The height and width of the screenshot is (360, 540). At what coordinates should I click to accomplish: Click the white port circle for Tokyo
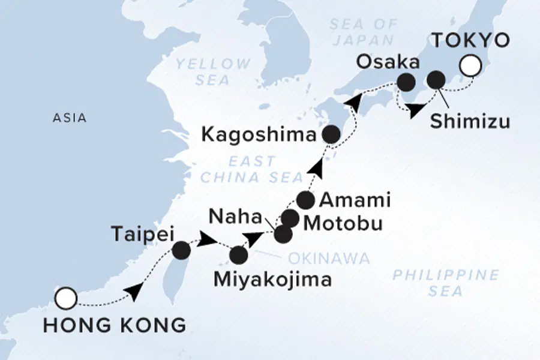(x=470, y=66)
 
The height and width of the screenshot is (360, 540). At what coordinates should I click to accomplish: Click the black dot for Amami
(x=305, y=199)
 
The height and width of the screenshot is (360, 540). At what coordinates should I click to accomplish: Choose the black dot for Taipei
(x=181, y=249)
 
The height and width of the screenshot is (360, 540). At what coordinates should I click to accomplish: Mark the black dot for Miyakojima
(x=238, y=256)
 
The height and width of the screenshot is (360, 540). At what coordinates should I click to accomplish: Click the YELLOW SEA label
(x=214, y=71)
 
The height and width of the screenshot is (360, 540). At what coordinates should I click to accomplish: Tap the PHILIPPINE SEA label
(x=445, y=283)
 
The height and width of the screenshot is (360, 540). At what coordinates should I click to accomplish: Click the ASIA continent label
(x=70, y=118)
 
